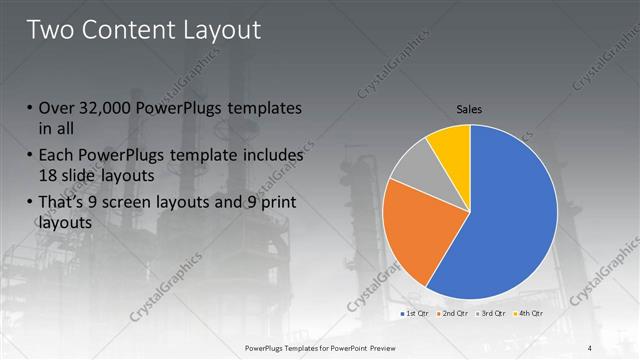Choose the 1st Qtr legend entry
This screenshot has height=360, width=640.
click(x=417, y=314)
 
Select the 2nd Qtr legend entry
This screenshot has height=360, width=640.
click(x=455, y=314)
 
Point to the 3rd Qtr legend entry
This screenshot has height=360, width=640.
click(x=493, y=314)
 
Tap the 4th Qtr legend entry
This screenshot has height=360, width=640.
click(x=530, y=314)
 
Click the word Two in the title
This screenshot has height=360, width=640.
click(x=53, y=30)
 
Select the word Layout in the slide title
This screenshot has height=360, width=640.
click(x=220, y=30)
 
